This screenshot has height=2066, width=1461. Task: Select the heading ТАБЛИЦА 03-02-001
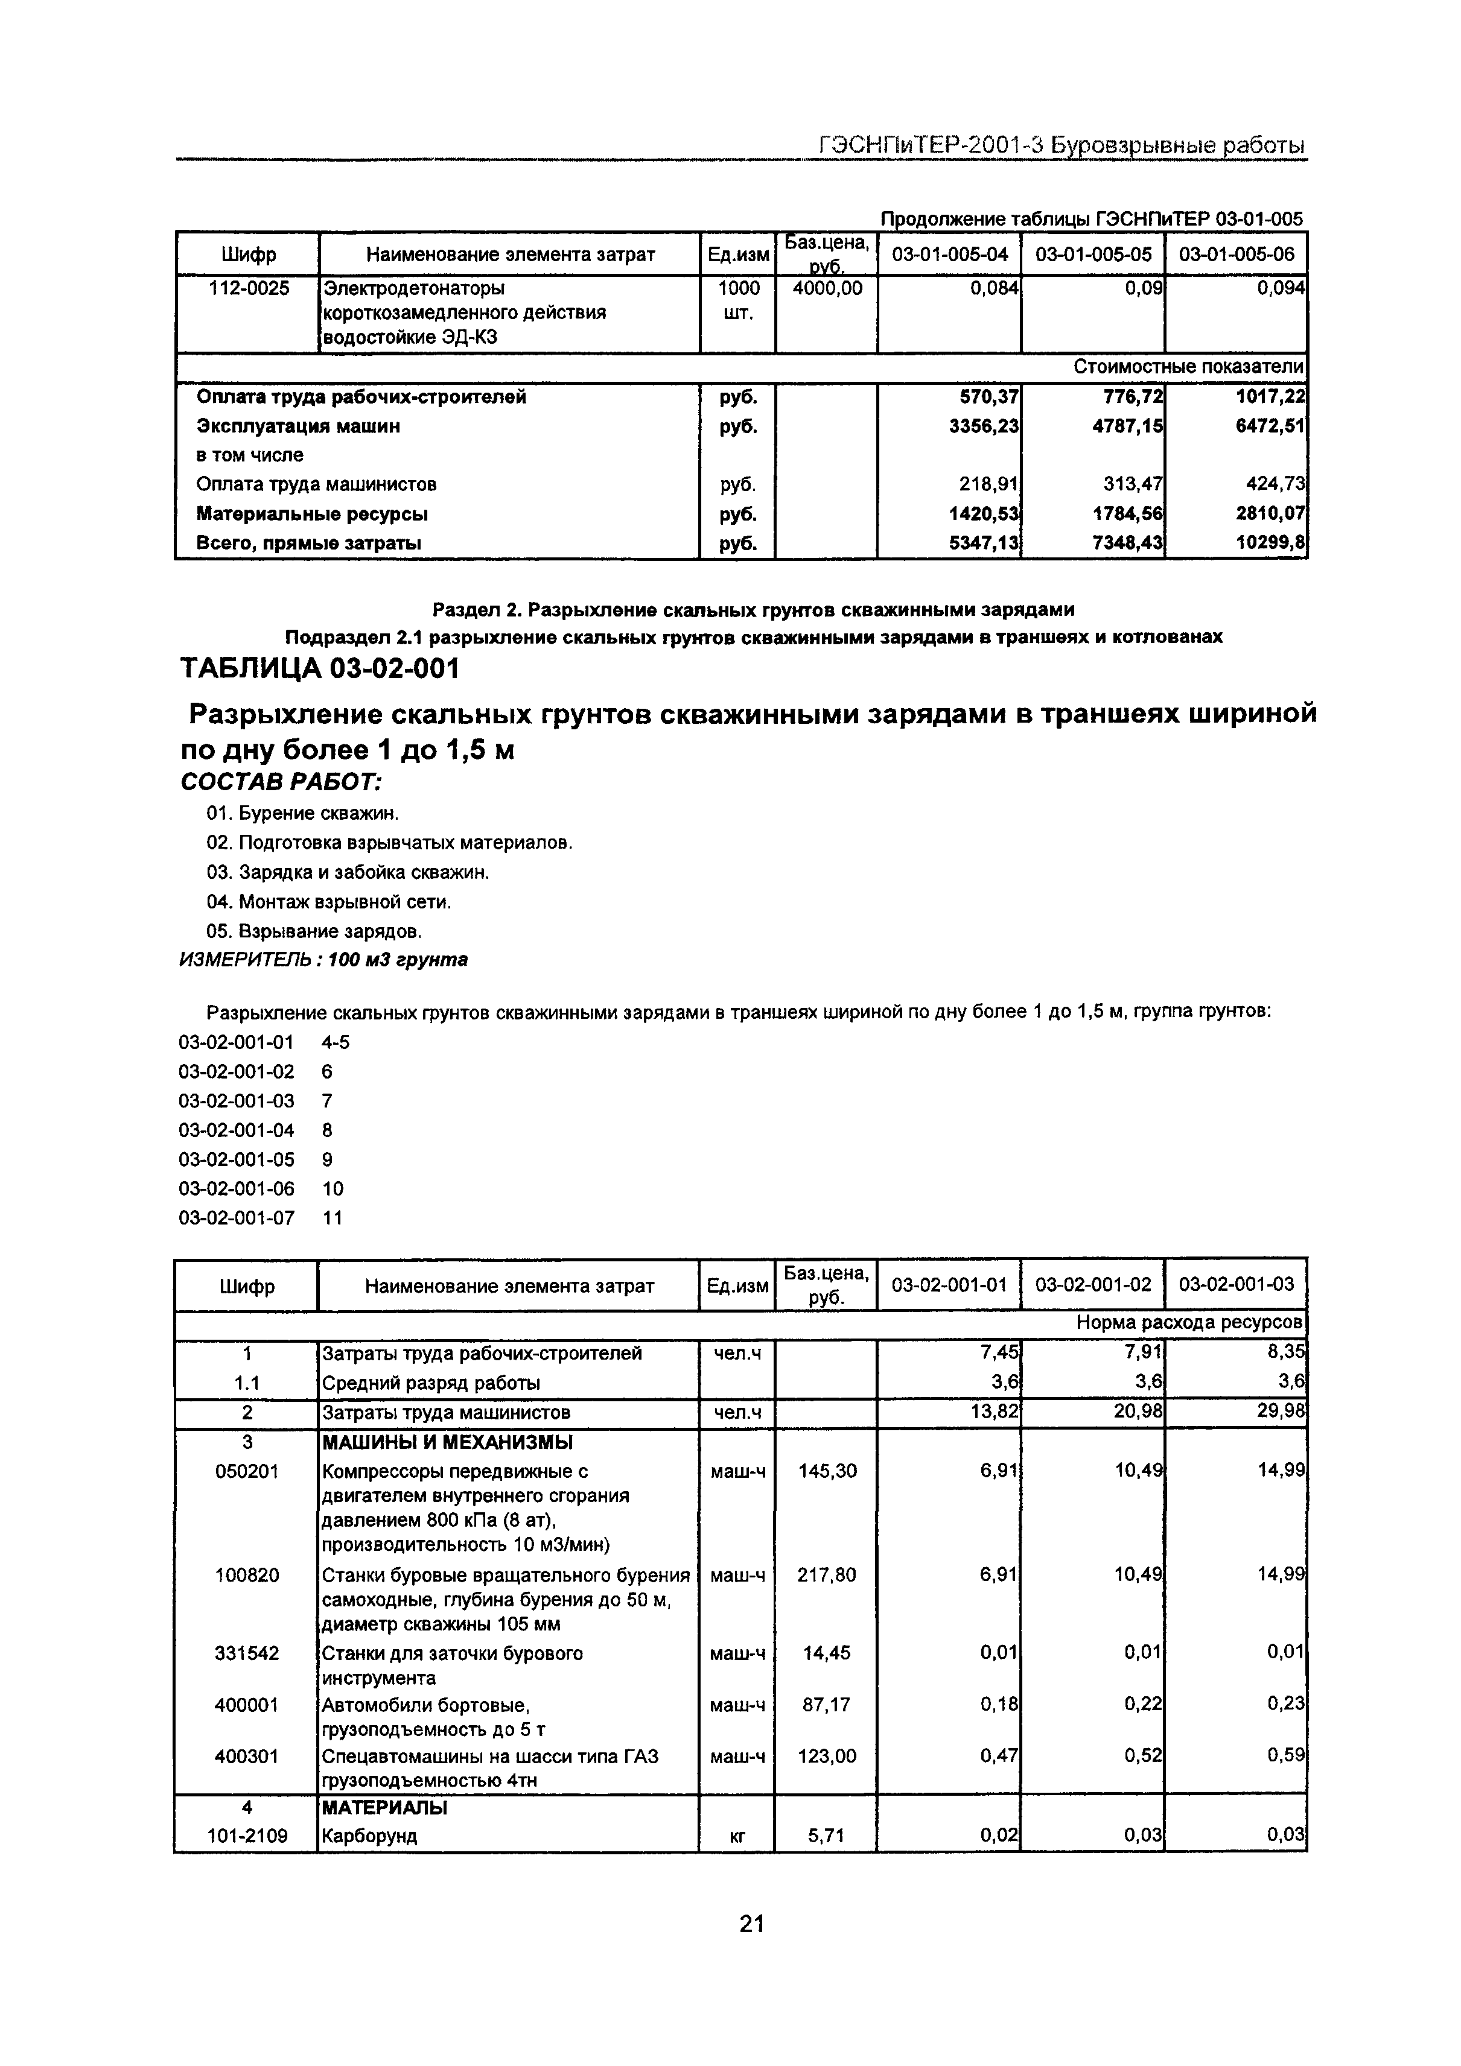pos(320,670)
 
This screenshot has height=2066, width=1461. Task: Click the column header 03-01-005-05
pos(1093,255)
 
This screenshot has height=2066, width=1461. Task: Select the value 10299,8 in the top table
pos(1270,543)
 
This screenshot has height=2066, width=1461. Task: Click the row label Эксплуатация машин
pos(298,426)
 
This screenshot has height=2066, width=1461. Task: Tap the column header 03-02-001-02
pos(1093,1285)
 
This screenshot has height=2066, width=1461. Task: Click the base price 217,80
pos(826,1575)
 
